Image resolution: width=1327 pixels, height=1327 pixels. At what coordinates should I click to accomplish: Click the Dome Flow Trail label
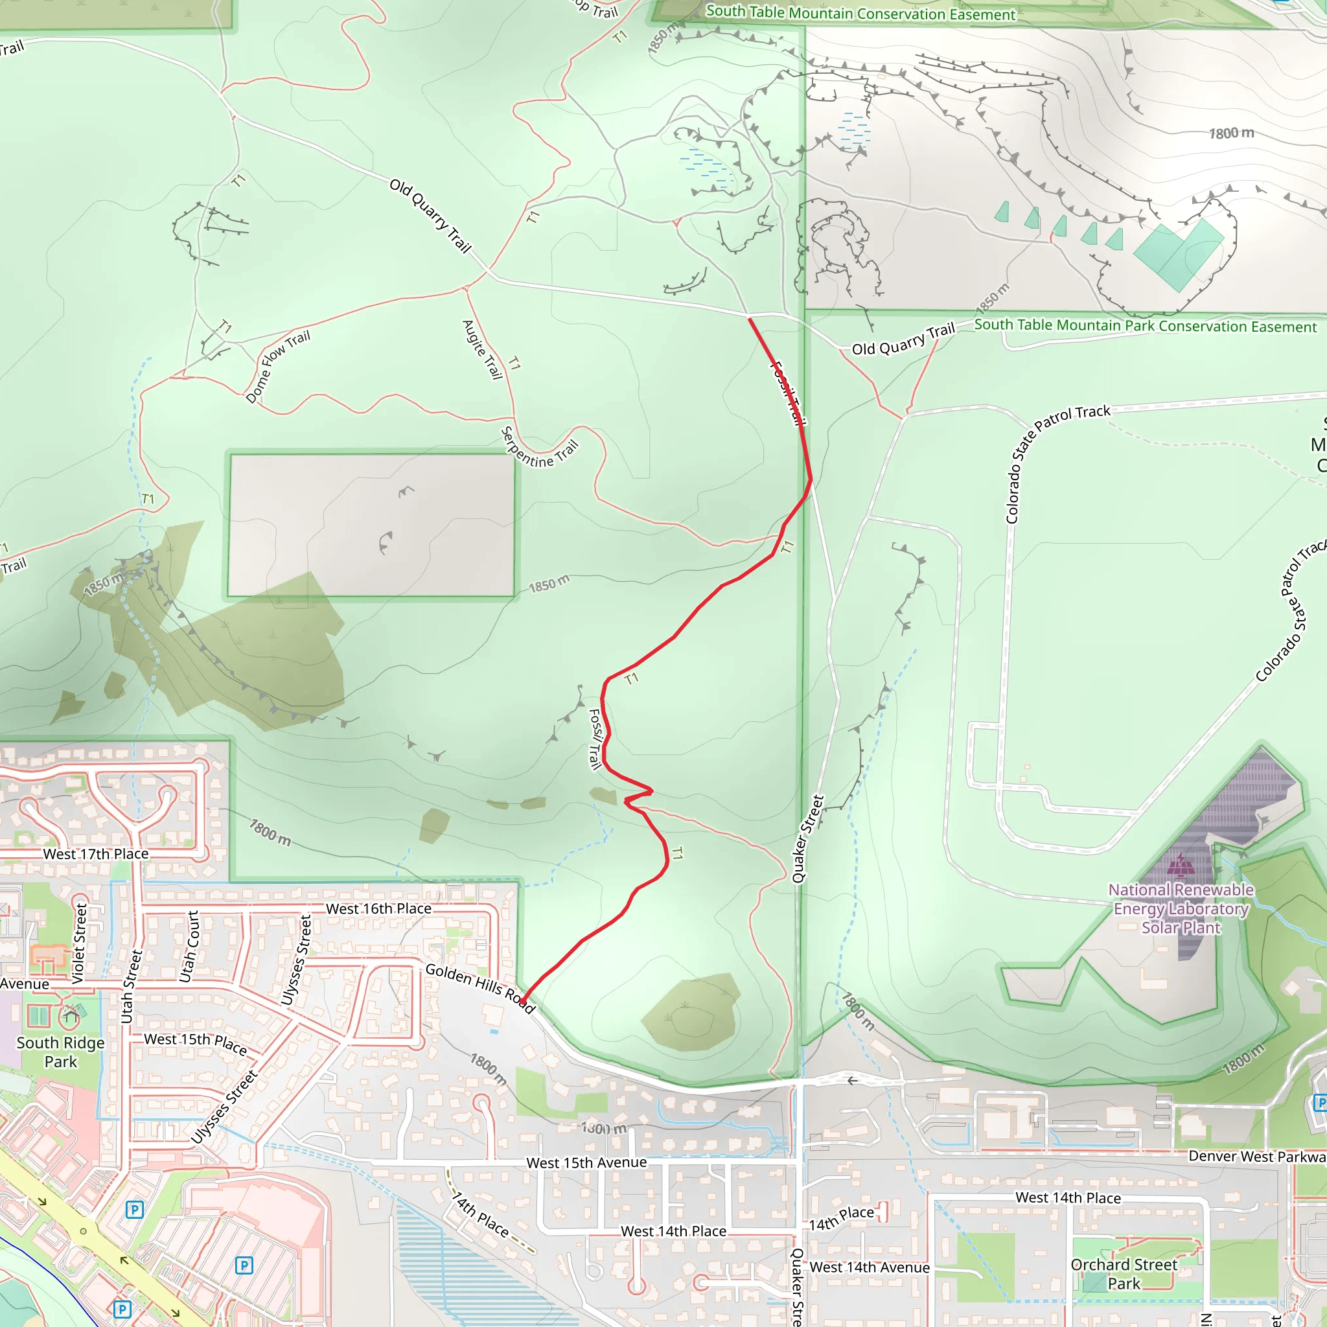(x=277, y=366)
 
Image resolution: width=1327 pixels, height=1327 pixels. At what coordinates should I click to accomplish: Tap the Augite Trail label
(x=482, y=349)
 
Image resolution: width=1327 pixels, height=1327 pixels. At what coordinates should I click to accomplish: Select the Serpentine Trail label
(x=539, y=448)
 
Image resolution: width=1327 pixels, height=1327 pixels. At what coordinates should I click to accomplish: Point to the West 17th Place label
(x=95, y=854)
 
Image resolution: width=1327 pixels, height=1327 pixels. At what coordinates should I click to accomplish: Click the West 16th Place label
(x=378, y=908)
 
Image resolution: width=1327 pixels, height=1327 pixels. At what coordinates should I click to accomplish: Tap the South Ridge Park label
(x=60, y=1052)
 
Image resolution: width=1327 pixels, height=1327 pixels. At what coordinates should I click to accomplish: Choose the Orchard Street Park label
(x=1124, y=1273)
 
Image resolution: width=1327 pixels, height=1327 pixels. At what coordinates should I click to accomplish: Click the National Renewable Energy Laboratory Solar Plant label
(x=1181, y=908)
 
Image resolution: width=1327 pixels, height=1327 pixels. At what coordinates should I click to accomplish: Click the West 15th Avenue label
(x=586, y=1162)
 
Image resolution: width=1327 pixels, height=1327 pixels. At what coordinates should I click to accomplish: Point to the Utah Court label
(x=189, y=947)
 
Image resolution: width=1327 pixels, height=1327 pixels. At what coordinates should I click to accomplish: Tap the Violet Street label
(x=80, y=943)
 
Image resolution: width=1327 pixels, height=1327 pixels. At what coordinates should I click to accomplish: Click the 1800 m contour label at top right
(x=1231, y=133)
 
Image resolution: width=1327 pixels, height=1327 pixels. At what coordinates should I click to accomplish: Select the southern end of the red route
(x=523, y=1002)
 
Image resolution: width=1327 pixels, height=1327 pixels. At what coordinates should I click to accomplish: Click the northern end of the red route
(x=750, y=319)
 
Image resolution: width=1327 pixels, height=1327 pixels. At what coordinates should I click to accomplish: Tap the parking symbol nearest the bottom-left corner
(x=122, y=1309)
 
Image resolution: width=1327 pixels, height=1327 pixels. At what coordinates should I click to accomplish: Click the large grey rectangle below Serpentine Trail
(x=371, y=525)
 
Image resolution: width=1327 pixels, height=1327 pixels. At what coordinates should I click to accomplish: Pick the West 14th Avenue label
(x=869, y=1267)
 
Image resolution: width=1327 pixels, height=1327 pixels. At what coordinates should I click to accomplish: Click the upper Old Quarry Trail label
(x=431, y=216)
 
